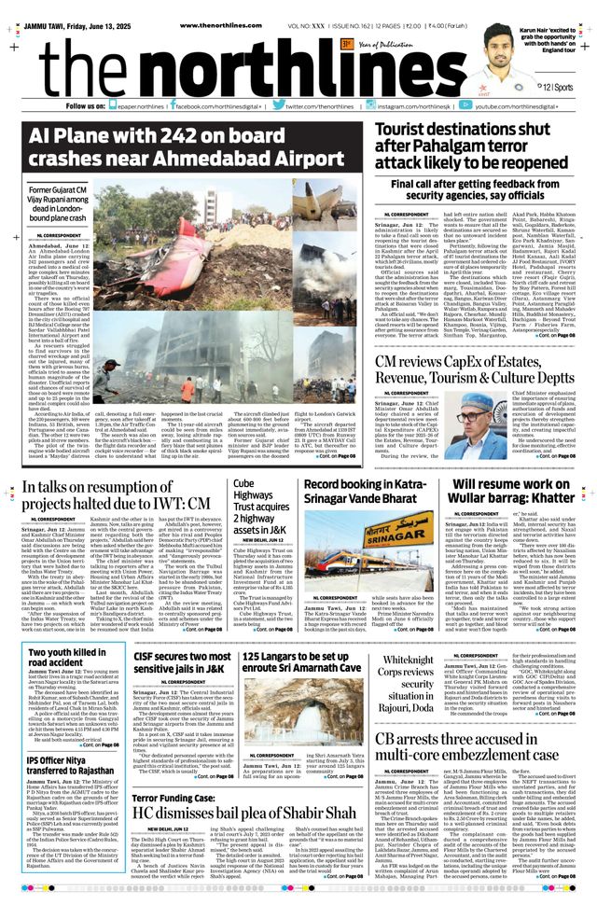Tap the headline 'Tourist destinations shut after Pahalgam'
click(475, 146)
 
